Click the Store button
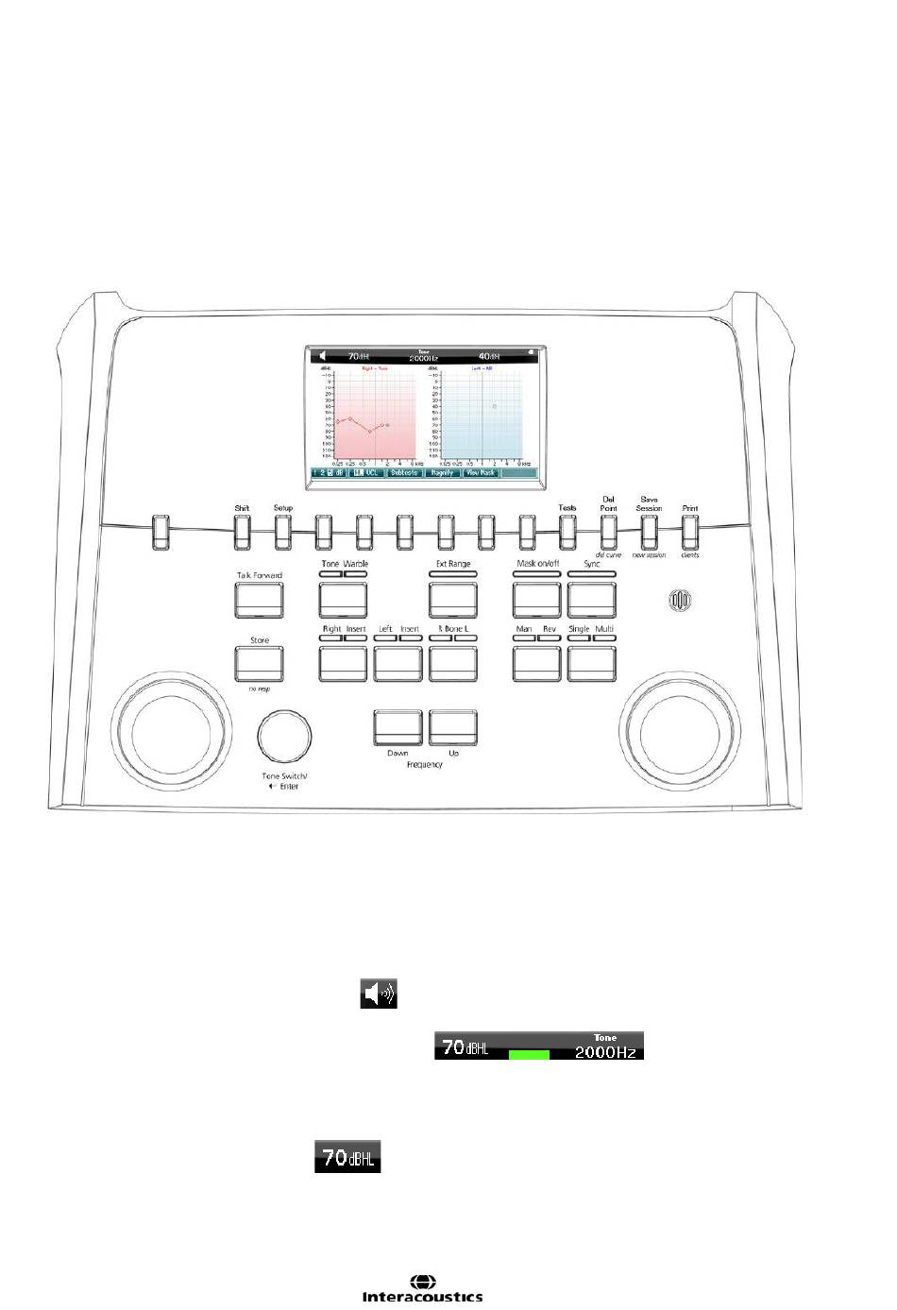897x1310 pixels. pyautogui.click(x=259, y=663)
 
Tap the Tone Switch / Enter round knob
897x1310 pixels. pyautogui.click(x=284, y=736)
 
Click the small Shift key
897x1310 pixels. pyautogui.click(x=243, y=533)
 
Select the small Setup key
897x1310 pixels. pyautogui.click(x=282, y=533)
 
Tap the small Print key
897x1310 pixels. pyautogui.click(x=689, y=533)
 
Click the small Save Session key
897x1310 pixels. pyautogui.click(x=649, y=533)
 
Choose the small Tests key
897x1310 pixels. pyautogui.click(x=567, y=533)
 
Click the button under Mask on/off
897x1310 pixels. pyautogui.click(x=536, y=599)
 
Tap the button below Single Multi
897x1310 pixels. pyautogui.click(x=591, y=663)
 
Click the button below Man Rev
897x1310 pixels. pyautogui.click(x=536, y=663)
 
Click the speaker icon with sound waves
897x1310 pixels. pyautogui.click(x=379, y=994)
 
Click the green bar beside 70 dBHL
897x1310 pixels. pyautogui.click(x=529, y=1054)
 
